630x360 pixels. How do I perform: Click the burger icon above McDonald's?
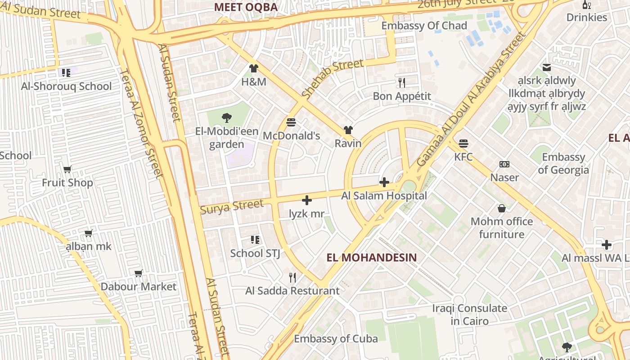point(291,122)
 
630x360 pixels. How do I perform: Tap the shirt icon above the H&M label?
point(254,68)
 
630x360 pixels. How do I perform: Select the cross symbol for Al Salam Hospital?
point(384,182)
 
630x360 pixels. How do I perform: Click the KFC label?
point(463,157)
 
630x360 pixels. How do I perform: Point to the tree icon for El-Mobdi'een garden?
point(227,118)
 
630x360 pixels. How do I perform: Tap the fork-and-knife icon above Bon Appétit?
point(402,83)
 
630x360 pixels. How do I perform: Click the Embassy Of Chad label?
point(424,26)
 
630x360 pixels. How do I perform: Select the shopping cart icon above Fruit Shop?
point(67,169)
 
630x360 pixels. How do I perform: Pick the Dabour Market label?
point(138,287)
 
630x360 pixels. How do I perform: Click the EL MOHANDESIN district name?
point(372,257)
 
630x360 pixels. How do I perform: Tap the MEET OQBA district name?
point(246,7)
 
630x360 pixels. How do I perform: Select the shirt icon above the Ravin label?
point(348,130)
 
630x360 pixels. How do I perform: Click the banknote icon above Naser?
point(504,164)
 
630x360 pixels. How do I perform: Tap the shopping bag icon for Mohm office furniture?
point(502,208)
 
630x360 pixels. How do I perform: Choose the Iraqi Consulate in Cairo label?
point(469,315)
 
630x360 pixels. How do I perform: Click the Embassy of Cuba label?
point(336,339)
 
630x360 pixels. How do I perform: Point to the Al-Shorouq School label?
point(67,86)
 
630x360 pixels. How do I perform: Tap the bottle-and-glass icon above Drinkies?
point(587,5)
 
